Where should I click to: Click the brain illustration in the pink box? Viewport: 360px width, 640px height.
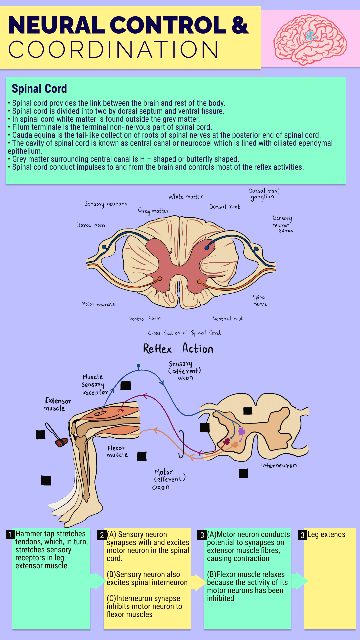pyautogui.click(x=310, y=39)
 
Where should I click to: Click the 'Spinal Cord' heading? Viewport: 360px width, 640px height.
pyautogui.click(x=39, y=89)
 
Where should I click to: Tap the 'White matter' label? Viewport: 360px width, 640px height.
pyautogui.click(x=185, y=197)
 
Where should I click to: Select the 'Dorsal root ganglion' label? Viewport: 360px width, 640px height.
pyautogui.click(x=264, y=194)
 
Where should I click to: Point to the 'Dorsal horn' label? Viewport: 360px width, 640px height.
pyautogui.click(x=91, y=225)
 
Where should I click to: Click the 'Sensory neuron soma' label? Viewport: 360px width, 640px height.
pyautogui.click(x=283, y=224)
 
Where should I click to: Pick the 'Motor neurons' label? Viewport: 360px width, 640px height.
pyautogui.click(x=98, y=304)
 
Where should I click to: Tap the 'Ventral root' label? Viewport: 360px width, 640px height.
pyautogui.click(x=228, y=319)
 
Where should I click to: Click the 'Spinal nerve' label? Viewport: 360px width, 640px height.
pyautogui.click(x=260, y=300)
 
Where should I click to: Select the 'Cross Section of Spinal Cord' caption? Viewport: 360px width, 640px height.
pyautogui.click(x=184, y=333)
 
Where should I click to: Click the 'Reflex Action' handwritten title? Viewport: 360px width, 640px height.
pyautogui.click(x=178, y=349)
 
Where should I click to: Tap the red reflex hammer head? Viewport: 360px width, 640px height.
pyautogui.click(x=61, y=442)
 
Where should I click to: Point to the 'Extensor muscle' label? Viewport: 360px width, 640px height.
pyautogui.click(x=58, y=404)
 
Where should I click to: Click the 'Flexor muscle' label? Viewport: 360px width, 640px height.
pyautogui.click(x=117, y=451)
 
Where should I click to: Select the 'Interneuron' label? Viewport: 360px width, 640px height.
pyautogui.click(x=279, y=465)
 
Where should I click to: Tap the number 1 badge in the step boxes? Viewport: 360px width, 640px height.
pyautogui.click(x=10, y=535)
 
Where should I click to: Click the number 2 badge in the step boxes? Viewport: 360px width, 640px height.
pyautogui.click(x=102, y=535)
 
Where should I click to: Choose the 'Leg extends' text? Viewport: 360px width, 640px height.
pyautogui.click(x=326, y=535)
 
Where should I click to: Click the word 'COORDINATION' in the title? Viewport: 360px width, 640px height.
pyautogui.click(x=113, y=50)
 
